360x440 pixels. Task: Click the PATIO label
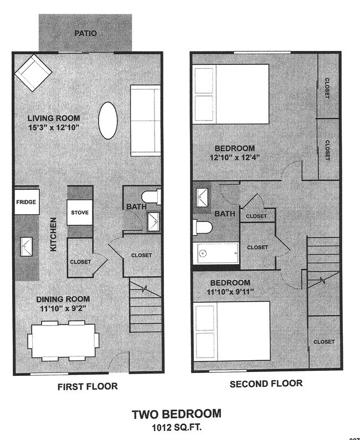point(85,33)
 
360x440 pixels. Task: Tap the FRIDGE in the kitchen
point(26,202)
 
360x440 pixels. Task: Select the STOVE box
point(80,213)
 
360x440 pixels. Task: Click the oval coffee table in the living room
point(107,121)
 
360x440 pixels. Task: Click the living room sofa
point(145,121)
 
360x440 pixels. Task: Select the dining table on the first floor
point(64,339)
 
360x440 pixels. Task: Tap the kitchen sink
point(25,245)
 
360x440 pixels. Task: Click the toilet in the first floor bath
point(151,197)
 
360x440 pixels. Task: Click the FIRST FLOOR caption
point(88,386)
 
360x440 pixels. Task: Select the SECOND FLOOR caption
point(266,383)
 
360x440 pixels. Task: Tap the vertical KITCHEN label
point(54,234)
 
